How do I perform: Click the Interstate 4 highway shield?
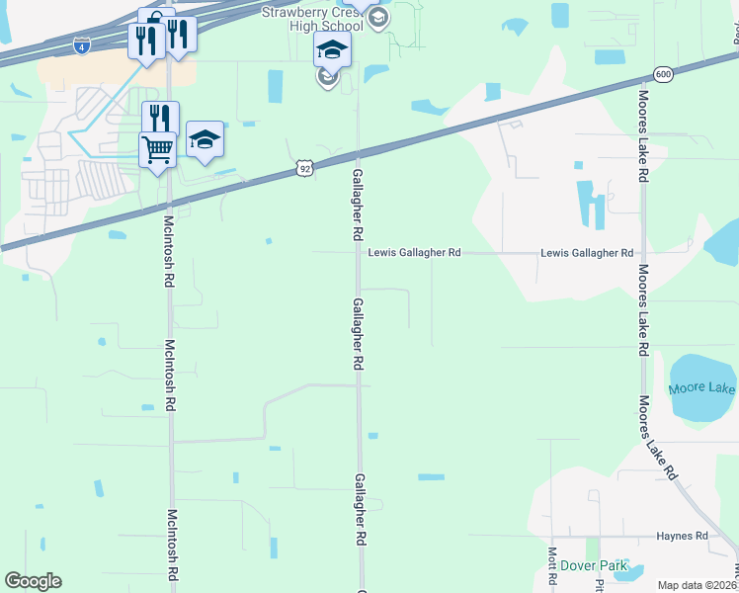point(81,45)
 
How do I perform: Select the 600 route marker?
point(663,74)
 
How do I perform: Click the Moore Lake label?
point(702,387)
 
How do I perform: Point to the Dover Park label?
point(594,565)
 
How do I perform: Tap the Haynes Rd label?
point(682,536)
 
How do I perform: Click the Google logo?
point(33,581)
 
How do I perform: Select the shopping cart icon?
point(158,150)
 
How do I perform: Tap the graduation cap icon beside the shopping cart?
point(205,139)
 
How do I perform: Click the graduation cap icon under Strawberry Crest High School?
point(333,48)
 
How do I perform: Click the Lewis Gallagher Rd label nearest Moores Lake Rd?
point(587,253)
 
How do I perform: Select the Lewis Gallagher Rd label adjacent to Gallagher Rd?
point(415,253)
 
